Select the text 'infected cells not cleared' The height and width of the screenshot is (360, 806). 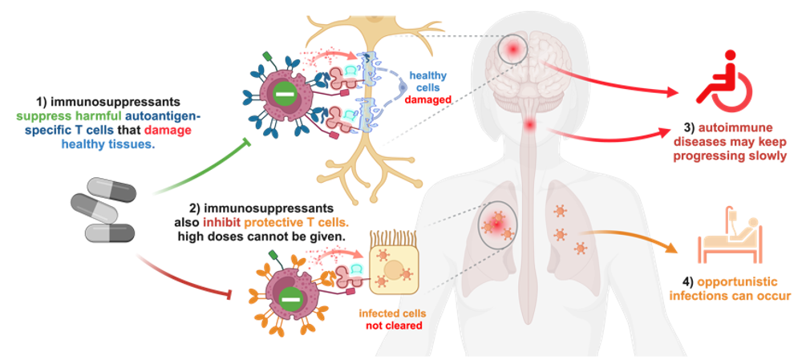pos(390,318)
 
